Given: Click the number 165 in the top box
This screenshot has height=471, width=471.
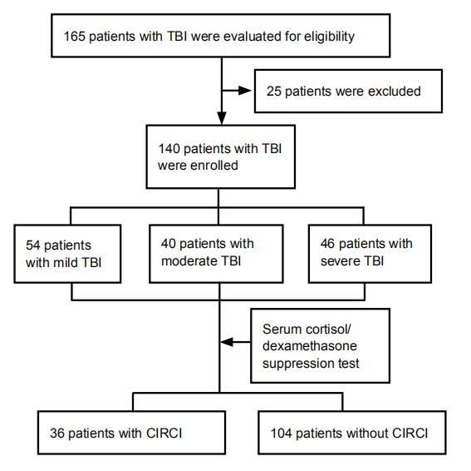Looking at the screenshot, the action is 75,37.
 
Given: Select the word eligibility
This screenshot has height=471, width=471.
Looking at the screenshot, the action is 329,37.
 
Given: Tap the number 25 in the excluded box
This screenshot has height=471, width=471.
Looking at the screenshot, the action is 273,92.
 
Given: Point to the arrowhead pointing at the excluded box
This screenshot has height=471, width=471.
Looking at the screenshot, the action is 245,90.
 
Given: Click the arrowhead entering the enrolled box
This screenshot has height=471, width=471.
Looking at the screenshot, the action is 222,118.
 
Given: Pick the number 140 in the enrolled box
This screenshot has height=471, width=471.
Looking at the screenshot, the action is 169,149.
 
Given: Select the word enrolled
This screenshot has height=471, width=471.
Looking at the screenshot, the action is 213,166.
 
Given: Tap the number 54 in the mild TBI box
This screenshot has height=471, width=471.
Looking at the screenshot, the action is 33,245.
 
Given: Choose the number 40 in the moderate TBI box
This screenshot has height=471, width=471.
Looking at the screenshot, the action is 168,244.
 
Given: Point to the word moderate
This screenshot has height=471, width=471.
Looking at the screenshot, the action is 189,261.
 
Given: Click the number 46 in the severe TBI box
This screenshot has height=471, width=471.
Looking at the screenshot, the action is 327,244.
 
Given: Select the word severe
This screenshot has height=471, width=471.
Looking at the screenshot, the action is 340,261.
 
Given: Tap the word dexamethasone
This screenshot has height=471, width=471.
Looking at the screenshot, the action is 310,346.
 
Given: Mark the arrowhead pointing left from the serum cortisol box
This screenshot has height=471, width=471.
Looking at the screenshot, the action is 227,342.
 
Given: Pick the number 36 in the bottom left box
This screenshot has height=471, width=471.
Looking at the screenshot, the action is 57,434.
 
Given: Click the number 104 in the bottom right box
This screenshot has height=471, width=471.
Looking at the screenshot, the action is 281,434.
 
